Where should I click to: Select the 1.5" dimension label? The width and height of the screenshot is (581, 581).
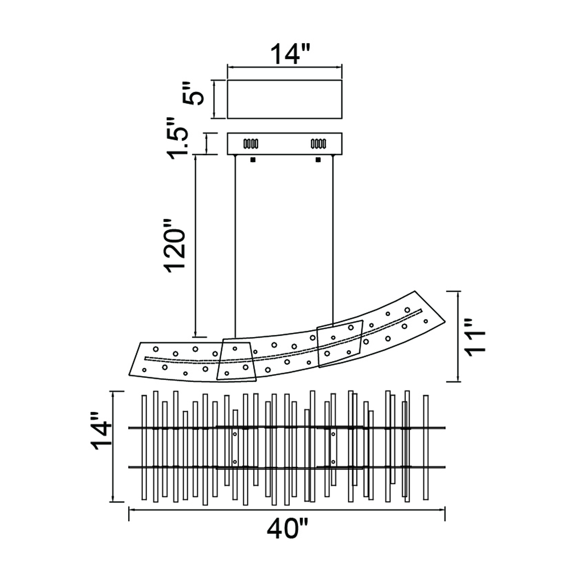tap(178, 138)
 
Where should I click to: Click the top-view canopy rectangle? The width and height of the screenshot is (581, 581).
tap(284, 99)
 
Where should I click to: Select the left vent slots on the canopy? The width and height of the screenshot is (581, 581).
tap(251, 144)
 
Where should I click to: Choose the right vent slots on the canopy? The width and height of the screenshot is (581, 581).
tap(318, 144)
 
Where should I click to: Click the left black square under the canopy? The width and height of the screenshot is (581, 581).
tap(253, 160)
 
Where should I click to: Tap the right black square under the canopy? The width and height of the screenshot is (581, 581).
tap(318, 160)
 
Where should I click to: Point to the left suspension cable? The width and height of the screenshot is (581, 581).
tap(235, 247)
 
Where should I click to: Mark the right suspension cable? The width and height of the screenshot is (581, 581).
tap(333, 241)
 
